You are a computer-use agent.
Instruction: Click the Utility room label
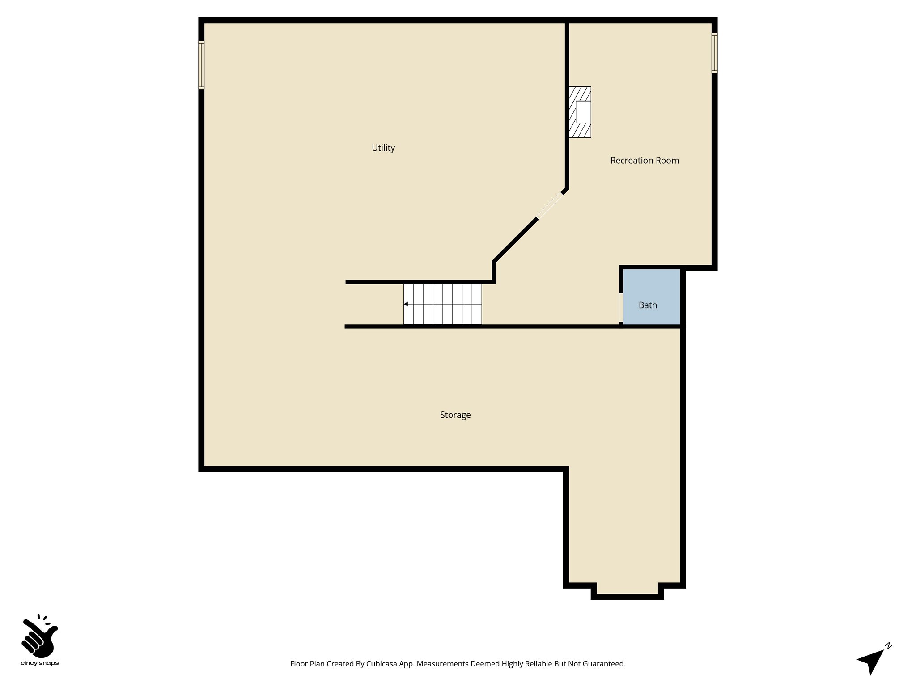point(383,148)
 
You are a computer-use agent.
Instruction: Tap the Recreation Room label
point(644,161)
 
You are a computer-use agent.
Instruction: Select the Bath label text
point(648,305)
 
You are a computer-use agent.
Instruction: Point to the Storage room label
point(455,415)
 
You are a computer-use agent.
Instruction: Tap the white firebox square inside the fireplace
point(583,112)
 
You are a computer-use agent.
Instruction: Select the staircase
point(442,304)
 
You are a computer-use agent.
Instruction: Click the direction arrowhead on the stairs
point(406,304)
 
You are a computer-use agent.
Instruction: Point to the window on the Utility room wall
point(201,65)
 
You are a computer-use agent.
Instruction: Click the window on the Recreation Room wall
point(714,53)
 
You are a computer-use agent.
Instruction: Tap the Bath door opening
point(621,307)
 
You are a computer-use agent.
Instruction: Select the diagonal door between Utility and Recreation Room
point(550,206)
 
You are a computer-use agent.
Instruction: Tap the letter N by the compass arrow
point(889,645)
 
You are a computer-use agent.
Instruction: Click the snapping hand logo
point(39,636)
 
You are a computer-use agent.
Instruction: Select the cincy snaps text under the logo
point(40,663)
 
